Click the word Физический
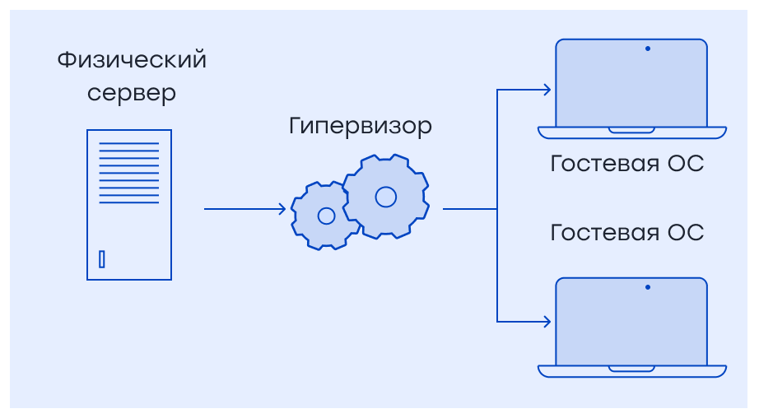(132, 61)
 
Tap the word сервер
(132, 93)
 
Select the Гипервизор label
(361, 127)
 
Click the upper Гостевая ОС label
(626, 163)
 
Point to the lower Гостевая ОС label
(626, 232)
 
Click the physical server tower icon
(129, 205)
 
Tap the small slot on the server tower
(102, 259)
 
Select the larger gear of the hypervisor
(385, 197)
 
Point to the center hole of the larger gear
(385, 197)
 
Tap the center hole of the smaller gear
(326, 216)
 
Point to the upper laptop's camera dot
(648, 49)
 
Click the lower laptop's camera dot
(648, 287)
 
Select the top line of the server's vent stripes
(129, 144)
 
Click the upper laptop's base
(631, 132)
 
